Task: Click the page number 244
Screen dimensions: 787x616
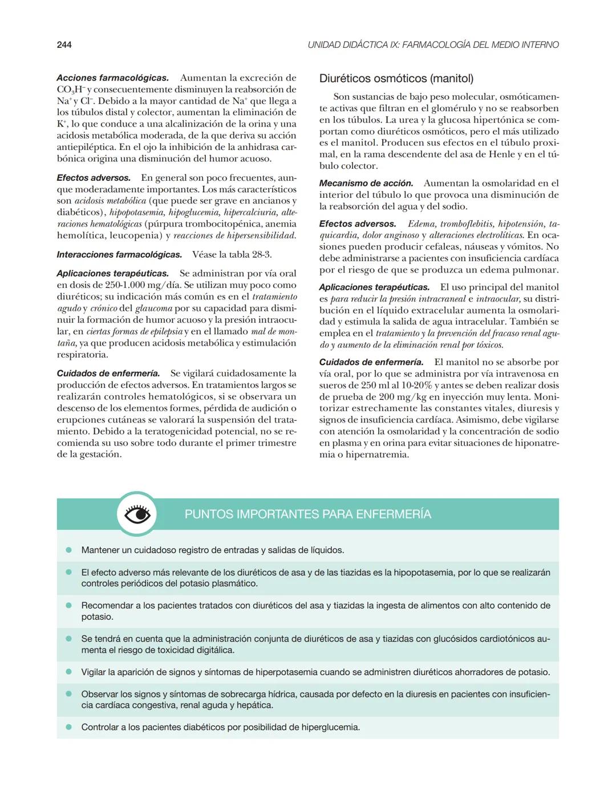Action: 64,44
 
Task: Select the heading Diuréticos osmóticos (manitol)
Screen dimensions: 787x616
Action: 396,79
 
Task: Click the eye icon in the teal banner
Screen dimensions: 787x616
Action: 137,514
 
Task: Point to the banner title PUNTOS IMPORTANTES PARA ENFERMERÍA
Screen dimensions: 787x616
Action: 307,514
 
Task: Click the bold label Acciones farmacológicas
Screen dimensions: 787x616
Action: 112,78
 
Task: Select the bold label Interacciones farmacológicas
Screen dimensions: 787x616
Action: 119,254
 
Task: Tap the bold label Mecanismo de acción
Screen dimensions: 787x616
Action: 366,183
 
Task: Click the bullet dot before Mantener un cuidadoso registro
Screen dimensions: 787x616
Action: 68,550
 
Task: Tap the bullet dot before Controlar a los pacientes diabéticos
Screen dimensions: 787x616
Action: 68,727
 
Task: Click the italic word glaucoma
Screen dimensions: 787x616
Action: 153,309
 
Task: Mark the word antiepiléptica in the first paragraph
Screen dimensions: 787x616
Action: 86,147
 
